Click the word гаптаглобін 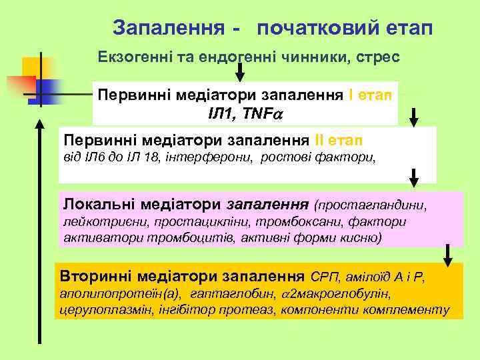coord(231,293)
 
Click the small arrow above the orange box coord(449,255)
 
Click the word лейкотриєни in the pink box coord(96,221)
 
